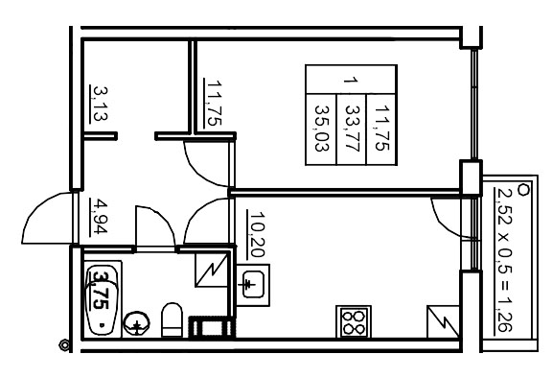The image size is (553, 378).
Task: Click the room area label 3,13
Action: click(x=99, y=100)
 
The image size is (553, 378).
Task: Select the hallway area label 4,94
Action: click(x=98, y=216)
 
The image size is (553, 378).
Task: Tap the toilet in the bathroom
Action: click(x=173, y=319)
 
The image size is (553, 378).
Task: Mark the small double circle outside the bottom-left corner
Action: click(x=64, y=344)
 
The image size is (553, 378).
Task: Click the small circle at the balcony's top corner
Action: click(x=522, y=187)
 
